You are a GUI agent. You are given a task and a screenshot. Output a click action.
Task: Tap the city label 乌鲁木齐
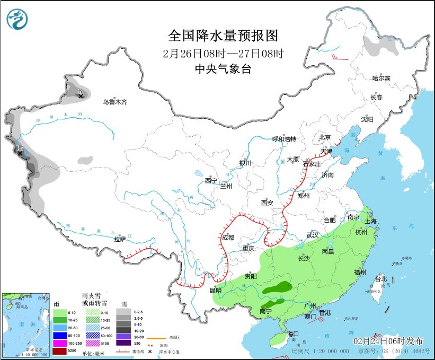115,102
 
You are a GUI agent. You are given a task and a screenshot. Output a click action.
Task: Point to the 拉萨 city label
120,239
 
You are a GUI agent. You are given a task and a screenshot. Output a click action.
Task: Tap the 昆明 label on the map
216,290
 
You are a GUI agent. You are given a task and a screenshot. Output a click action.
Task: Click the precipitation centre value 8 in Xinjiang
81,91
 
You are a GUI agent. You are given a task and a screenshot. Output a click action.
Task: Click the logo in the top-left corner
17,20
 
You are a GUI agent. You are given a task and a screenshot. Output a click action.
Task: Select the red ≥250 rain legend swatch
60,352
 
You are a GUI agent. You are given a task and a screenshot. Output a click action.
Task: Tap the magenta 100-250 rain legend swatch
60,343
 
